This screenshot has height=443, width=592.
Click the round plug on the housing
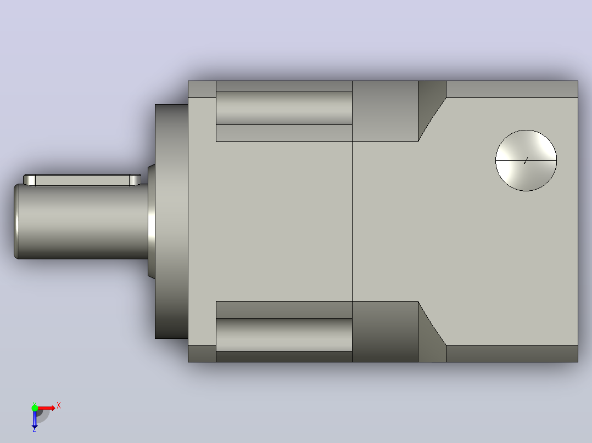click(x=526, y=161)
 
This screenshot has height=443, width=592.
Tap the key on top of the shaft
click(x=82, y=180)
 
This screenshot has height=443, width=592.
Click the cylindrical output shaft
click(x=81, y=222)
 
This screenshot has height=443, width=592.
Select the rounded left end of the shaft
click(x=16, y=222)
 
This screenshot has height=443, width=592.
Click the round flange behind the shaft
click(x=171, y=222)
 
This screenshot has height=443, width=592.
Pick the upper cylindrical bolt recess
click(x=284, y=108)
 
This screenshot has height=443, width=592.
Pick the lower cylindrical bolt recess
click(x=284, y=335)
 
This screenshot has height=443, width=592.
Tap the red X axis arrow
click(x=47, y=408)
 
